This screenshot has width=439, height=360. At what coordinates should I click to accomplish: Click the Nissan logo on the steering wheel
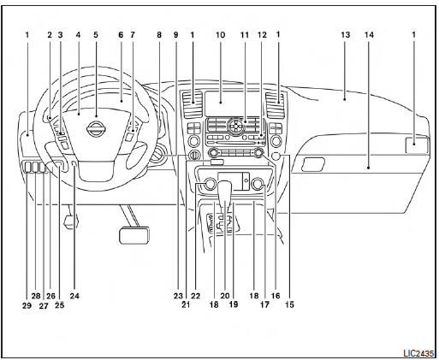pyautogui.click(x=96, y=129)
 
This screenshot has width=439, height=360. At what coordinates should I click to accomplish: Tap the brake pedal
pyautogui.click(x=134, y=235)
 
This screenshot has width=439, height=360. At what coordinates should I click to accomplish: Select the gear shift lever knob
pyautogui.click(x=224, y=191)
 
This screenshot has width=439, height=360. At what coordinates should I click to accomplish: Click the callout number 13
pyautogui.click(x=345, y=35)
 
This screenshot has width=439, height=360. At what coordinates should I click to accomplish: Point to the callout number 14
pyautogui.click(x=369, y=35)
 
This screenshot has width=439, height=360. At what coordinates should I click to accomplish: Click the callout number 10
pyautogui.click(x=220, y=35)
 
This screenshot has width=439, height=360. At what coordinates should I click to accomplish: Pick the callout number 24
pyautogui.click(x=74, y=296)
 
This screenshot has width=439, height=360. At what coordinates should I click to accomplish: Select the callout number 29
pyautogui.click(x=27, y=305)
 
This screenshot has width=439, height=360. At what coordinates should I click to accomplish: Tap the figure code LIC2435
pyautogui.click(x=418, y=353)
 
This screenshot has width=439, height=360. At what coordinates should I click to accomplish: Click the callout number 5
pyautogui.click(x=96, y=35)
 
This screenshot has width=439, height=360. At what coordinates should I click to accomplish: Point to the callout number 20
pyautogui.click(x=225, y=296)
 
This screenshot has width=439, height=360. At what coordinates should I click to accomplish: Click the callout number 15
pyautogui.click(x=289, y=304)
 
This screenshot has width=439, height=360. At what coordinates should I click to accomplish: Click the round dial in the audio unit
pyautogui.click(x=236, y=126)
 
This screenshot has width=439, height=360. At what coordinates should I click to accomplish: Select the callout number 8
pyautogui.click(x=159, y=35)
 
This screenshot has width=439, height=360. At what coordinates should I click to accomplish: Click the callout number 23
pyautogui.click(x=178, y=296)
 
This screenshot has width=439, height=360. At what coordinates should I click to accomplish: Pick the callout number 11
pyautogui.click(x=245, y=35)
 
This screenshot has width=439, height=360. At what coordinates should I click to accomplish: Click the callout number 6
pyautogui.click(x=121, y=35)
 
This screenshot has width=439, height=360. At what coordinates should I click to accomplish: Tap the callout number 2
pyautogui.click(x=50, y=35)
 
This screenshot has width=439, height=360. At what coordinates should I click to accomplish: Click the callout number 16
pyautogui.click(x=276, y=296)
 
